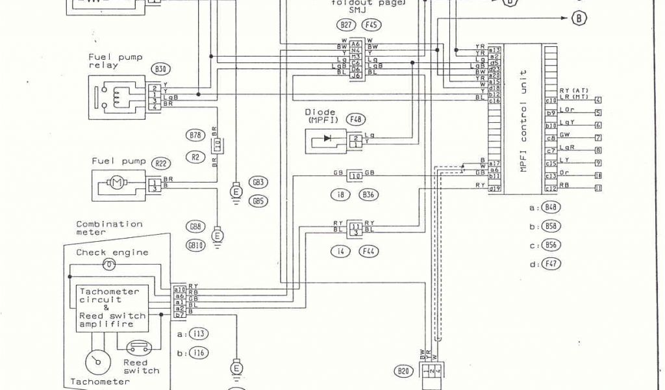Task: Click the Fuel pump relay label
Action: pos(115,61)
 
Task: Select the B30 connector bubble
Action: pos(158,68)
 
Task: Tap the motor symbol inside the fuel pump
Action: pos(117,183)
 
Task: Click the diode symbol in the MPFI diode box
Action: pos(327,138)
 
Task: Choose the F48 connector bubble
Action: pos(355,120)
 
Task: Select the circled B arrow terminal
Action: pos(578,18)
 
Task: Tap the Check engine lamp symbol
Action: pos(110,264)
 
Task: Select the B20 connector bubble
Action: pos(403,372)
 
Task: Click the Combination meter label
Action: pos(109,227)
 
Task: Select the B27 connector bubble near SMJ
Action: pos(346,25)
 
